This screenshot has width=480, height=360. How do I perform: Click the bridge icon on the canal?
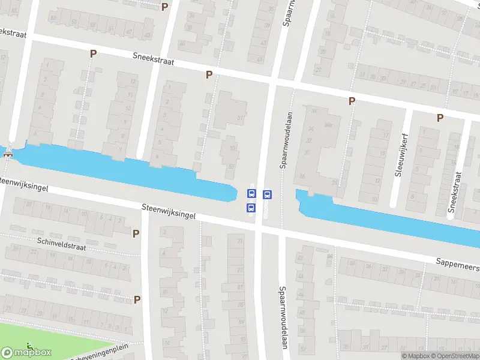coord(8,154)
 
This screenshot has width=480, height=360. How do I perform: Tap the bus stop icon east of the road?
coord(267,194)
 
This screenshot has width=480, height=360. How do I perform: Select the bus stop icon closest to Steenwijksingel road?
coord(251,208)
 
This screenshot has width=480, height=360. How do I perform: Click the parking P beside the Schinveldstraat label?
coord(136,233)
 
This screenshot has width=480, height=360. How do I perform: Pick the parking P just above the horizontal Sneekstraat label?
coord(93,53)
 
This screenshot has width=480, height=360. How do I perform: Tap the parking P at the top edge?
coord(165,6)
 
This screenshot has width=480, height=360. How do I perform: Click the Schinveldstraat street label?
coord(61,243)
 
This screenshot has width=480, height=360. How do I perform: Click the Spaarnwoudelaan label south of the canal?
coord(281,317)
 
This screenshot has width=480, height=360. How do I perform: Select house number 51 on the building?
coord(241,118)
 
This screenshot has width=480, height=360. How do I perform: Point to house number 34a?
coord(328,125)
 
